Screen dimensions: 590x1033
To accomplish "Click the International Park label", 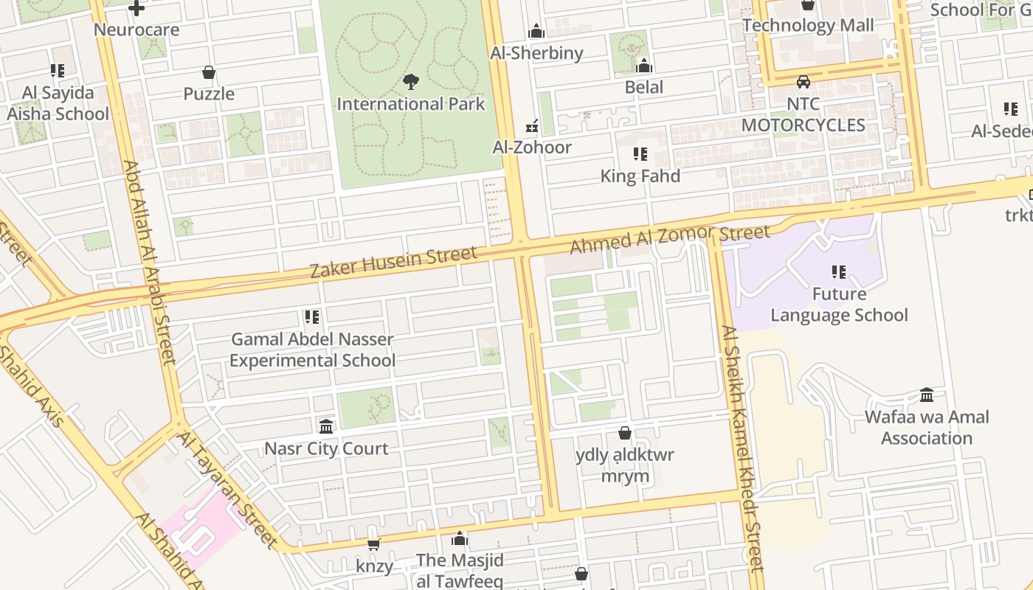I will pos(411,104).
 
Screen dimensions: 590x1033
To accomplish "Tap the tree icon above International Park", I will pos(411,82).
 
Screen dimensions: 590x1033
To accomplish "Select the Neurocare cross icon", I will pos(137,8).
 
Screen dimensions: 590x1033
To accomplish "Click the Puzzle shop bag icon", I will pos(209,72).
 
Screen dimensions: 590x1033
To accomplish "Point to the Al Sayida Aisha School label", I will pos(58,103).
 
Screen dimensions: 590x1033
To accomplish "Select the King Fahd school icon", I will pos(640,154).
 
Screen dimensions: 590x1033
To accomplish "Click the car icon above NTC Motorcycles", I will pos(803,82).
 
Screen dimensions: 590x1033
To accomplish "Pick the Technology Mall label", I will pos(808,26).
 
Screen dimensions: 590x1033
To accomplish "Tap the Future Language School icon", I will pos(839,272).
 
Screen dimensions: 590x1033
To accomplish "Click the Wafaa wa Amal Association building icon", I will pos(927,395).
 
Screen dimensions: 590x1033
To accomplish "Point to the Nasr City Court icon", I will pos(326,426).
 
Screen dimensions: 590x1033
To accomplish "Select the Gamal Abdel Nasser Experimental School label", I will pos(313,350).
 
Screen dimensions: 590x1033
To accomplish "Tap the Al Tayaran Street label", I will pos(227,490).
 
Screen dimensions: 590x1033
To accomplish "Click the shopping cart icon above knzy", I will pos(373,544).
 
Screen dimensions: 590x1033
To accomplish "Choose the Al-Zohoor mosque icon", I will pos(531,126).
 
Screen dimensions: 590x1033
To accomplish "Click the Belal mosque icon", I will pos(643,66).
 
